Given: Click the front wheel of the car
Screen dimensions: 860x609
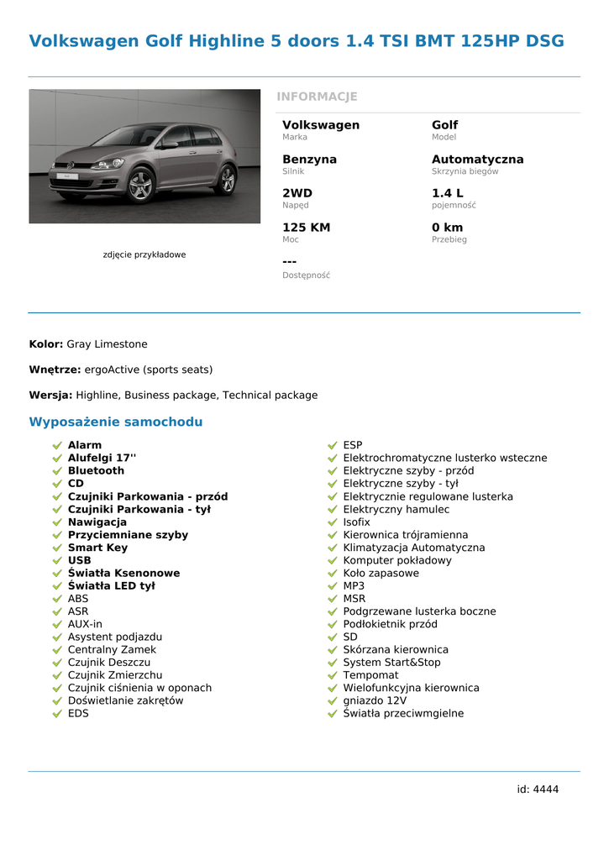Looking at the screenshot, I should (x=140, y=186).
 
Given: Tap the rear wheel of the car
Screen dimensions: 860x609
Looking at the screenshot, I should (x=225, y=180).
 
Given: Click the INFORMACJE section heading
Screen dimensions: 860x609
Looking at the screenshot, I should (x=317, y=97).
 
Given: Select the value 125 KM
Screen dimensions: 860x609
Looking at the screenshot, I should (x=306, y=228).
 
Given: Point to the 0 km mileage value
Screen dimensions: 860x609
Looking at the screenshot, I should (x=447, y=228).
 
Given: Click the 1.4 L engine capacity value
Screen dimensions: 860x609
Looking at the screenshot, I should (x=447, y=193).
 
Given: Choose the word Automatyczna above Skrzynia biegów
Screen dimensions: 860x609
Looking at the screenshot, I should (x=477, y=160).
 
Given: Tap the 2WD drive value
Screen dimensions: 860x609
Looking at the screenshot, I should (x=297, y=193).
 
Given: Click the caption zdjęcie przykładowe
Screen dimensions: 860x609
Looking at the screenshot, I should (x=144, y=254).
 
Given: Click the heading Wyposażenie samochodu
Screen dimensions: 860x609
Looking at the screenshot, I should (x=116, y=422).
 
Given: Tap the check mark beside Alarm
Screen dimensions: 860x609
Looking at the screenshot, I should (x=57, y=445).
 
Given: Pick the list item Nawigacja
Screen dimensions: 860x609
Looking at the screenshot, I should (x=97, y=522).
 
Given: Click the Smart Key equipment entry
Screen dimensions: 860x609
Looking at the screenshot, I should (x=97, y=548).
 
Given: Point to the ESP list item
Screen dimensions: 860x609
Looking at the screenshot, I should (x=353, y=445).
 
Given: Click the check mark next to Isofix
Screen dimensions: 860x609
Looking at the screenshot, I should (x=333, y=522).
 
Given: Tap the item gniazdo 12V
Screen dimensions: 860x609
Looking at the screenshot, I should (x=375, y=700).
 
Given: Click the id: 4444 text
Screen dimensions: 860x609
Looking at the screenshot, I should (x=538, y=789).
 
